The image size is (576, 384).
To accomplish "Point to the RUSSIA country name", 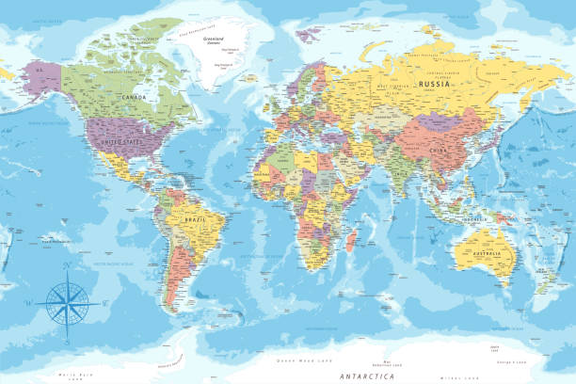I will point(435,83).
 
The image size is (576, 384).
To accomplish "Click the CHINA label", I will point(436,148).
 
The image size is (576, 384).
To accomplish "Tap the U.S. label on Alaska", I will point(40,69).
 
